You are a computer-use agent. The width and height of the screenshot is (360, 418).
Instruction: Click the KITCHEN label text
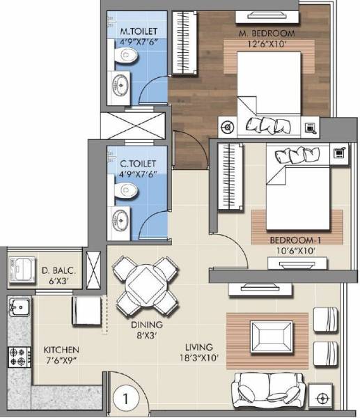pos(61,349)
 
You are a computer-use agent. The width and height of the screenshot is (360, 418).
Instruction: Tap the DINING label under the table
pos(146,325)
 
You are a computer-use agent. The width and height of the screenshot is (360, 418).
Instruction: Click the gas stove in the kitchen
pos(17,357)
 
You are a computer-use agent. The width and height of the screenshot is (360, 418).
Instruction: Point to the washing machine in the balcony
pos(20,269)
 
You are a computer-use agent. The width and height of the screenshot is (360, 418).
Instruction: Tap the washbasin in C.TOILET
pos(121,218)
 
